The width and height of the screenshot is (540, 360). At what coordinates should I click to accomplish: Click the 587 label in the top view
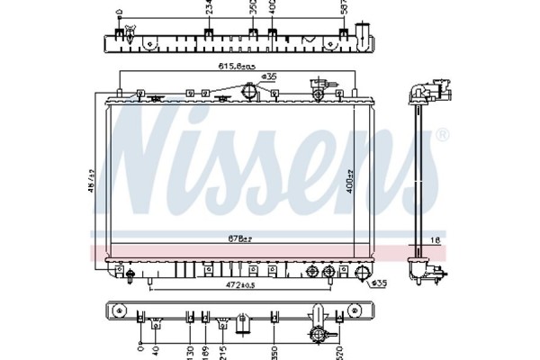coord(341,8)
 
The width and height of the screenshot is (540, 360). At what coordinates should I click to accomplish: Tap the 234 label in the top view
coord(209,8)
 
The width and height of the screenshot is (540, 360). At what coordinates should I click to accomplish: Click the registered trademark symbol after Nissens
coord(441,135)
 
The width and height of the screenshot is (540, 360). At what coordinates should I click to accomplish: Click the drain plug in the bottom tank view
coord(318,335)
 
